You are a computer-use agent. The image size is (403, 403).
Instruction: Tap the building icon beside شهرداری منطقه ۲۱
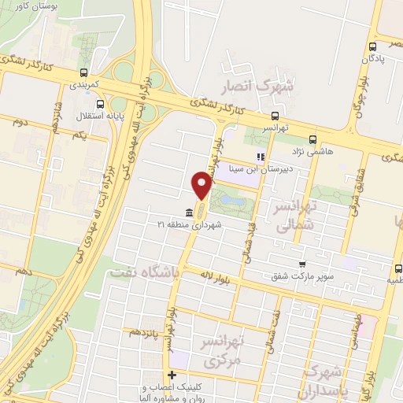pyautogui.click(x=188, y=213)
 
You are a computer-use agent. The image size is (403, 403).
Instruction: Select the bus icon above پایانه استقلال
pyautogui.click(x=99, y=103)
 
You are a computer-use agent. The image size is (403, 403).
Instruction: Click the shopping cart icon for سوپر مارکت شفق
pyautogui.click(x=300, y=264)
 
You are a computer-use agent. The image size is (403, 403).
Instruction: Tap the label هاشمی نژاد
pyautogui.click(x=324, y=140)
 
